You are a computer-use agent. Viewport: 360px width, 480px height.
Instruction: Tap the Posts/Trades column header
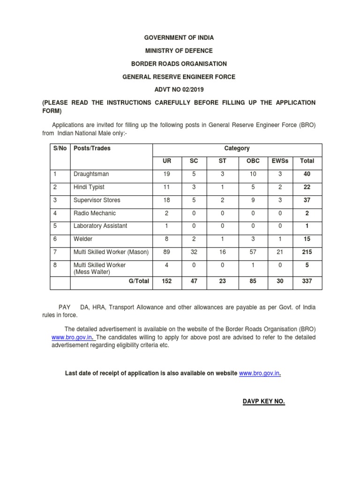(92, 148)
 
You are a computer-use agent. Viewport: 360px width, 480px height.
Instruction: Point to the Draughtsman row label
(91, 174)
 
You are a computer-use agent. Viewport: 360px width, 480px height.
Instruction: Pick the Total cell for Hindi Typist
(307, 187)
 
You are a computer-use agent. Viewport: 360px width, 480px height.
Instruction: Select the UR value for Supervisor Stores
(166, 200)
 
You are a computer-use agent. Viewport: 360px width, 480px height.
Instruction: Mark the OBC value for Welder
(253, 239)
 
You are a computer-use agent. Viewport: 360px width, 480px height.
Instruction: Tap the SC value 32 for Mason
(194, 252)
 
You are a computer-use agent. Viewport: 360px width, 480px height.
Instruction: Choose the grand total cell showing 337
(307, 282)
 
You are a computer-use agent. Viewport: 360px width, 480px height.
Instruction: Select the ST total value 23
(223, 282)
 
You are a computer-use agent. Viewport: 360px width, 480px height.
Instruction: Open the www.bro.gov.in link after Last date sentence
(261, 374)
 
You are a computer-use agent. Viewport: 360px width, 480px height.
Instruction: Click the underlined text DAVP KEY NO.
(263, 402)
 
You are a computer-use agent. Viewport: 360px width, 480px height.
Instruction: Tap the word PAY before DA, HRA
(64, 307)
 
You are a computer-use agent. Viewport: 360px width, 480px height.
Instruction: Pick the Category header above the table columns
(237, 148)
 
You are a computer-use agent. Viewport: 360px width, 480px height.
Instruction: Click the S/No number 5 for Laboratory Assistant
(54, 226)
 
